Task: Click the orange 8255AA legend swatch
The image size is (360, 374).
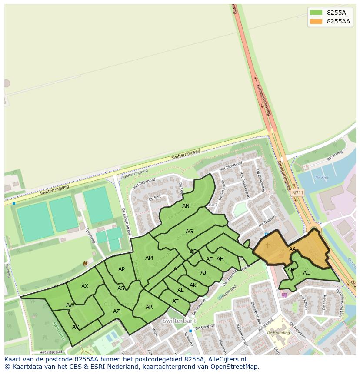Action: click(x=316, y=22)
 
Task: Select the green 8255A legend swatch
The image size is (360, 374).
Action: click(x=316, y=13)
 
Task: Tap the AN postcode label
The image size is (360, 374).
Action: click(x=186, y=206)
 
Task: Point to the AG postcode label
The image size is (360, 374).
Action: click(x=189, y=232)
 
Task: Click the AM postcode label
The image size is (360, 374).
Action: click(x=149, y=258)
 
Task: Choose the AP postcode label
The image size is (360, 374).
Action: click(x=121, y=269)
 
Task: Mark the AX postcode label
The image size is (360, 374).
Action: click(x=85, y=286)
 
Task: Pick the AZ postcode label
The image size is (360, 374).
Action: click(x=117, y=311)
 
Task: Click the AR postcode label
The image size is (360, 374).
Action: click(x=149, y=307)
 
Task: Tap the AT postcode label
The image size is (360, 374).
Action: click(x=175, y=301)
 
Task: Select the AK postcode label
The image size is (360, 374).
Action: click(x=193, y=285)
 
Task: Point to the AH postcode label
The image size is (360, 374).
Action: click(x=220, y=259)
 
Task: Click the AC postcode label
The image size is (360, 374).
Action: click(x=307, y=273)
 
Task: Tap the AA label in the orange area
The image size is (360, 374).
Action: click(x=293, y=249)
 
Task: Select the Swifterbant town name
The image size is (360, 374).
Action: click(x=179, y=321)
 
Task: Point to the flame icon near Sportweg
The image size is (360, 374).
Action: click(x=86, y=264)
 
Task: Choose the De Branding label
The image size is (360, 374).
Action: click(x=278, y=333)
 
